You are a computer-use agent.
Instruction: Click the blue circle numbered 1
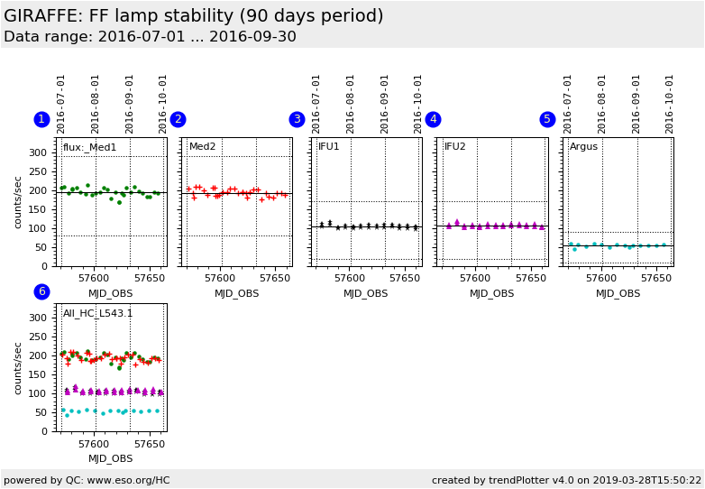coord(41,119)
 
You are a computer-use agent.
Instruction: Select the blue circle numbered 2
coord(178,119)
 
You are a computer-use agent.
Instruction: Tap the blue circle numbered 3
coord(297,119)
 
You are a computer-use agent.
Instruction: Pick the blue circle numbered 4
coord(433,119)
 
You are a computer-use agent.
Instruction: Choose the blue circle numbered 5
coord(547,119)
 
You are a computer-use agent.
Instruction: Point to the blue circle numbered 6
coord(41,291)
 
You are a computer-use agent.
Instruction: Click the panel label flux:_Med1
coord(89,147)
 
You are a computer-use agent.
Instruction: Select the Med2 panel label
coord(203,147)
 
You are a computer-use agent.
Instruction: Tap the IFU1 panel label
coord(329,147)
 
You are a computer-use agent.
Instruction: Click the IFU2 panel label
coord(455,147)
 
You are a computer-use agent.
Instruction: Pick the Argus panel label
coord(583,147)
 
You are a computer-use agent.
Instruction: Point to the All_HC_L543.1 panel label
coord(97,314)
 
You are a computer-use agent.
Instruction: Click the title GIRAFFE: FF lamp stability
coord(193,16)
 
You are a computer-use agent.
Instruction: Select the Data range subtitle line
coord(150,37)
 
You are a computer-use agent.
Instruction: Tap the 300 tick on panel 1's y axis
coord(37,152)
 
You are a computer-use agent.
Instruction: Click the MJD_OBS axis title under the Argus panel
coord(619,293)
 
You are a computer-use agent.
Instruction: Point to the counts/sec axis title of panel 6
coord(18,367)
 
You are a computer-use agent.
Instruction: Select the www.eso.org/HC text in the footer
coord(126,480)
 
